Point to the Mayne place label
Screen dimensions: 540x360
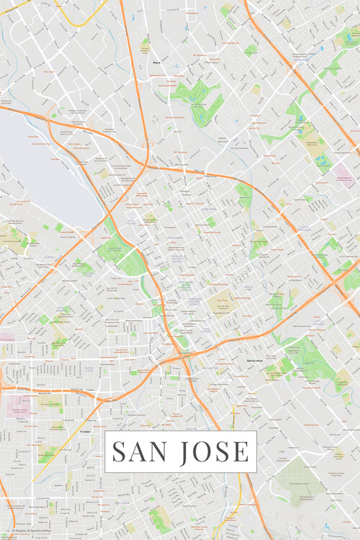point(156,63)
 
